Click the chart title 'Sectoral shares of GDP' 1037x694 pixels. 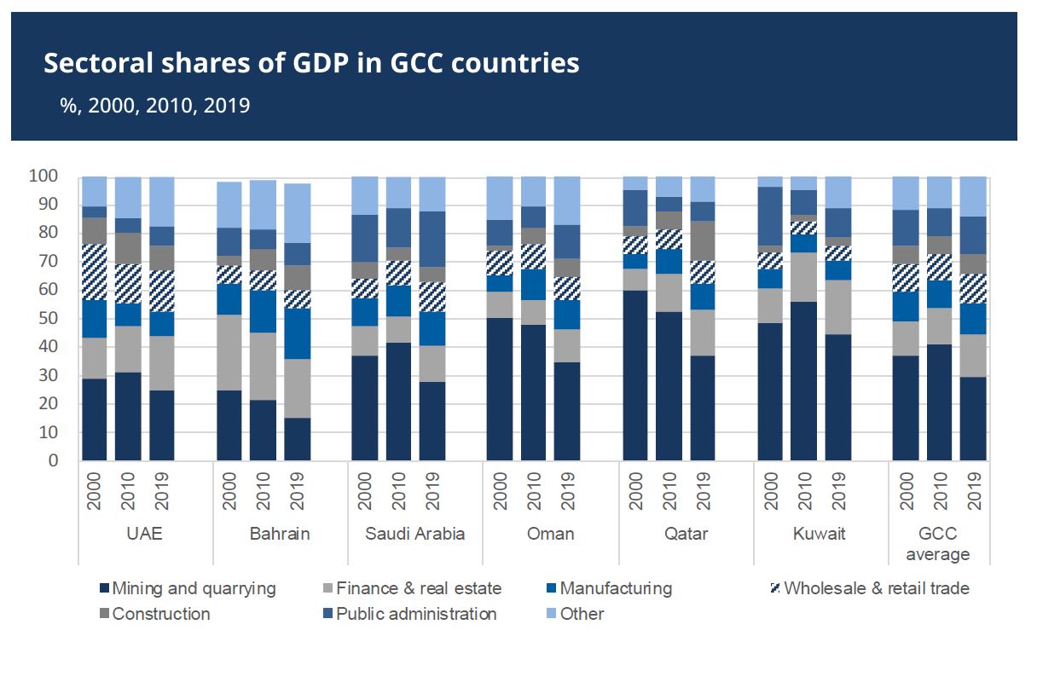[x=311, y=63]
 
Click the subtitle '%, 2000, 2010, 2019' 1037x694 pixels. [x=154, y=106]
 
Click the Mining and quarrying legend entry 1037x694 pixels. [x=194, y=588]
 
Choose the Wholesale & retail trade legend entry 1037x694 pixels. [x=876, y=588]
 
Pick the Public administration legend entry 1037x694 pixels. [x=416, y=614]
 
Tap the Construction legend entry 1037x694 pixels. [x=160, y=614]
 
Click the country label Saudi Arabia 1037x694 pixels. [x=415, y=535]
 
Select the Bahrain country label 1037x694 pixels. [x=280, y=535]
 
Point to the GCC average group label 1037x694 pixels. [x=937, y=544]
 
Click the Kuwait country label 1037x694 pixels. [x=820, y=535]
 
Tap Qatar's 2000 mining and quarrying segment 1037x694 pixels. [x=635, y=375]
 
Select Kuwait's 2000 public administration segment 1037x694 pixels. [x=771, y=217]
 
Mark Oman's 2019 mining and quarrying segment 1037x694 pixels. [x=567, y=411]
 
